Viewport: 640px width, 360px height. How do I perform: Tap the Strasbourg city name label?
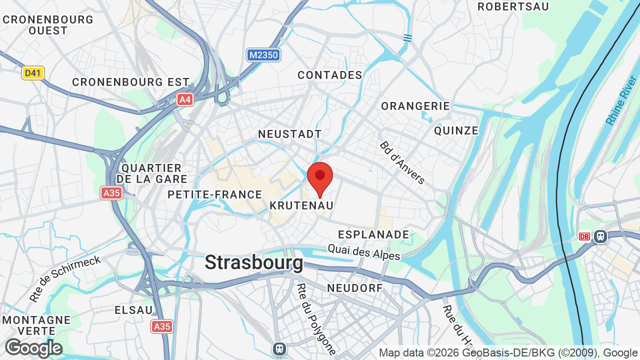click(253, 262)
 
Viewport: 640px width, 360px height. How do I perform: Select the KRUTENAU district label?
click(301, 205)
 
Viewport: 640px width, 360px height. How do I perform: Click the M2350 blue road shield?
click(263, 55)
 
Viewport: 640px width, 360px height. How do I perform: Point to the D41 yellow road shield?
click(33, 73)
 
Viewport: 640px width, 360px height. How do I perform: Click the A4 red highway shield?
click(185, 99)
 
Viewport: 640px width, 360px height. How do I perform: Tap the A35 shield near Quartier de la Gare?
click(111, 193)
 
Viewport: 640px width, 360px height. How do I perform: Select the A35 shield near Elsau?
click(161, 326)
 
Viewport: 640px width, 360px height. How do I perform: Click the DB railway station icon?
click(584, 236)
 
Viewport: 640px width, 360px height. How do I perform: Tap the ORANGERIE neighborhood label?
click(415, 106)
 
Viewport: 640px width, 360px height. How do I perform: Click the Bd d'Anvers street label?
click(402, 162)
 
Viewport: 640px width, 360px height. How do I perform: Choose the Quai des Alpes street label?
click(364, 251)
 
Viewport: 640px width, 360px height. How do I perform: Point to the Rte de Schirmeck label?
click(65, 278)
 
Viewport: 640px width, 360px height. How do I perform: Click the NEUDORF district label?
click(354, 288)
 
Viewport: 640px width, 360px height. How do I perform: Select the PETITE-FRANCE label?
click(215, 194)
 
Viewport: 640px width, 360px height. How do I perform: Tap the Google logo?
click(33, 348)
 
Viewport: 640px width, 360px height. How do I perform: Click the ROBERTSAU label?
click(513, 6)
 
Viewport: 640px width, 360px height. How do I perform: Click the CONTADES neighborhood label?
click(330, 75)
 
